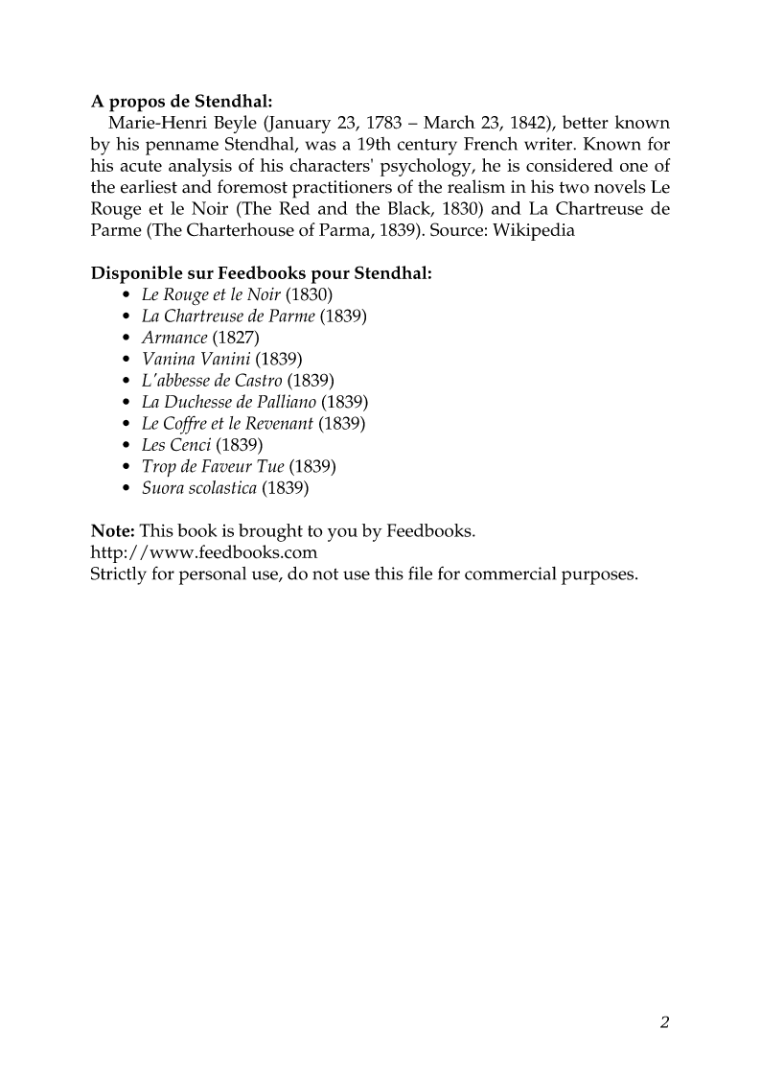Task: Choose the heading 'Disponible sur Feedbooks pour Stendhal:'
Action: tap(261, 273)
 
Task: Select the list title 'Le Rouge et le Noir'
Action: tap(211, 294)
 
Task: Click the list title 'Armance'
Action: tap(174, 338)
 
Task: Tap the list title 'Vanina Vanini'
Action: tap(196, 359)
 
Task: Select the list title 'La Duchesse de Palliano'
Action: tap(229, 402)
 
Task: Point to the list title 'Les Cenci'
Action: tap(176, 445)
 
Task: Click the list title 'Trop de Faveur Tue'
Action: tap(213, 467)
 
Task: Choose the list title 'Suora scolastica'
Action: tap(199, 488)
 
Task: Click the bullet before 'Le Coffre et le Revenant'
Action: tap(127, 424)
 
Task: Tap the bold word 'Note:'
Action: tap(113, 531)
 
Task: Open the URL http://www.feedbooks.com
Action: tap(203, 552)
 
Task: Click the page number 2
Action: tap(664, 1021)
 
